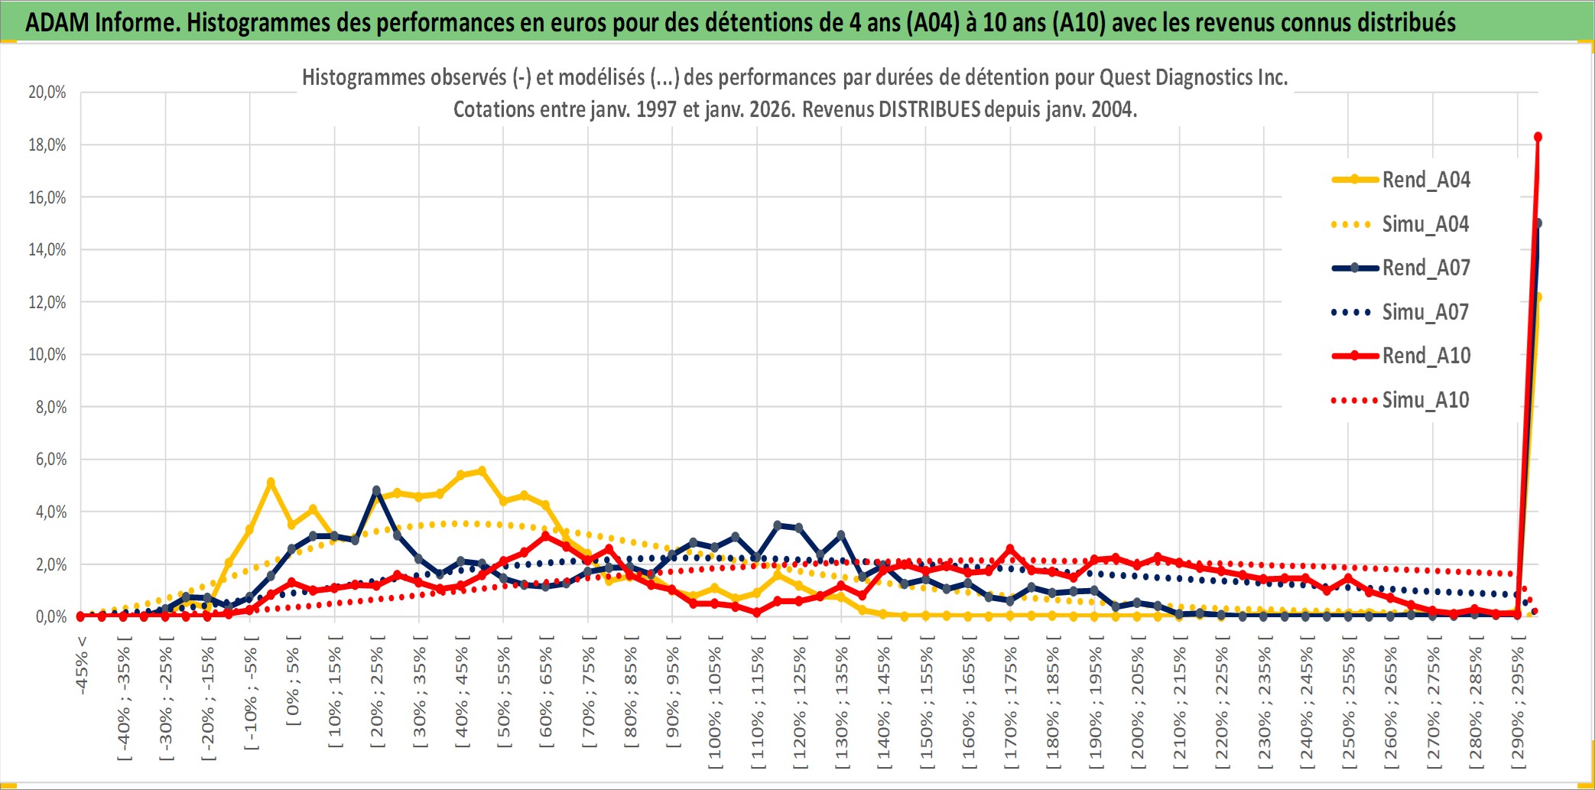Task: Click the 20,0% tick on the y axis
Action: (47, 93)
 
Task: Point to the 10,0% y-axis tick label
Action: (47, 355)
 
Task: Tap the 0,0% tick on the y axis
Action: (50, 616)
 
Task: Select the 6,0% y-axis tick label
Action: (50, 460)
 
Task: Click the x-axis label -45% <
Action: (82, 665)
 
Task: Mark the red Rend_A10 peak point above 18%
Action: (1538, 138)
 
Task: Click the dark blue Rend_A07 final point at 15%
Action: (1538, 223)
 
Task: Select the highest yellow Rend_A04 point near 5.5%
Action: (481, 471)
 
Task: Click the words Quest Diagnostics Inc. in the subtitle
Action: (1194, 77)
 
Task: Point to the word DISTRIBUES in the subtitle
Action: (929, 109)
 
